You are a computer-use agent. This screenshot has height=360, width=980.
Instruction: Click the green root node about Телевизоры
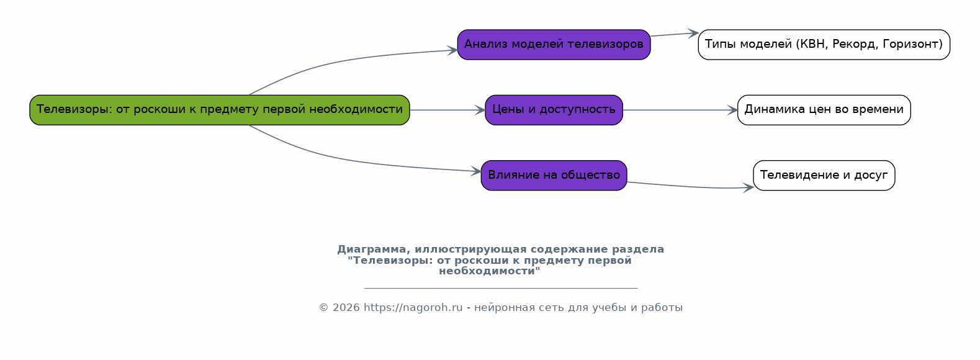click(x=220, y=110)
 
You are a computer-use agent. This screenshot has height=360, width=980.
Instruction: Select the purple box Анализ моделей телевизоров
click(x=554, y=45)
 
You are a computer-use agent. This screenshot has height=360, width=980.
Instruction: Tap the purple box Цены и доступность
click(x=554, y=110)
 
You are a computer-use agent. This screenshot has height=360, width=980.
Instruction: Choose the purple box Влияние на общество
click(x=554, y=176)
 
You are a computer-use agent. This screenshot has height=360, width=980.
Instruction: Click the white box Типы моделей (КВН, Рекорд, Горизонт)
click(x=824, y=45)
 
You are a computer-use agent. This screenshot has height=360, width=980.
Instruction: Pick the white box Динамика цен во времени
click(x=824, y=110)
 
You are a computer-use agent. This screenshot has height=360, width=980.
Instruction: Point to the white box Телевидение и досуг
click(x=824, y=176)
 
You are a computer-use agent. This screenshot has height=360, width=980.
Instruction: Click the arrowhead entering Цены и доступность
click(x=480, y=110)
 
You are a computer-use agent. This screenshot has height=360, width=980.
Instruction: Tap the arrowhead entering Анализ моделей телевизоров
click(x=452, y=50)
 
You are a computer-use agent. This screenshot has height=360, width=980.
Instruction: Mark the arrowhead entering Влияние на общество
click(x=476, y=171)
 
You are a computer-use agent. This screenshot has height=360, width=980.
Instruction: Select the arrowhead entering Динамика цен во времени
click(x=732, y=110)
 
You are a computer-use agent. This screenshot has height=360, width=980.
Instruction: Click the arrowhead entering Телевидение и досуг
click(x=748, y=187)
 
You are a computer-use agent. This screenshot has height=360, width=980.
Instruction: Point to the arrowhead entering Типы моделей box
click(x=693, y=34)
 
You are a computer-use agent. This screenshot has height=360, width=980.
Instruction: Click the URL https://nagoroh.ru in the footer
click(x=413, y=307)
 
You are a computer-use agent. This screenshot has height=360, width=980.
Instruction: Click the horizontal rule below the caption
click(x=501, y=288)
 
